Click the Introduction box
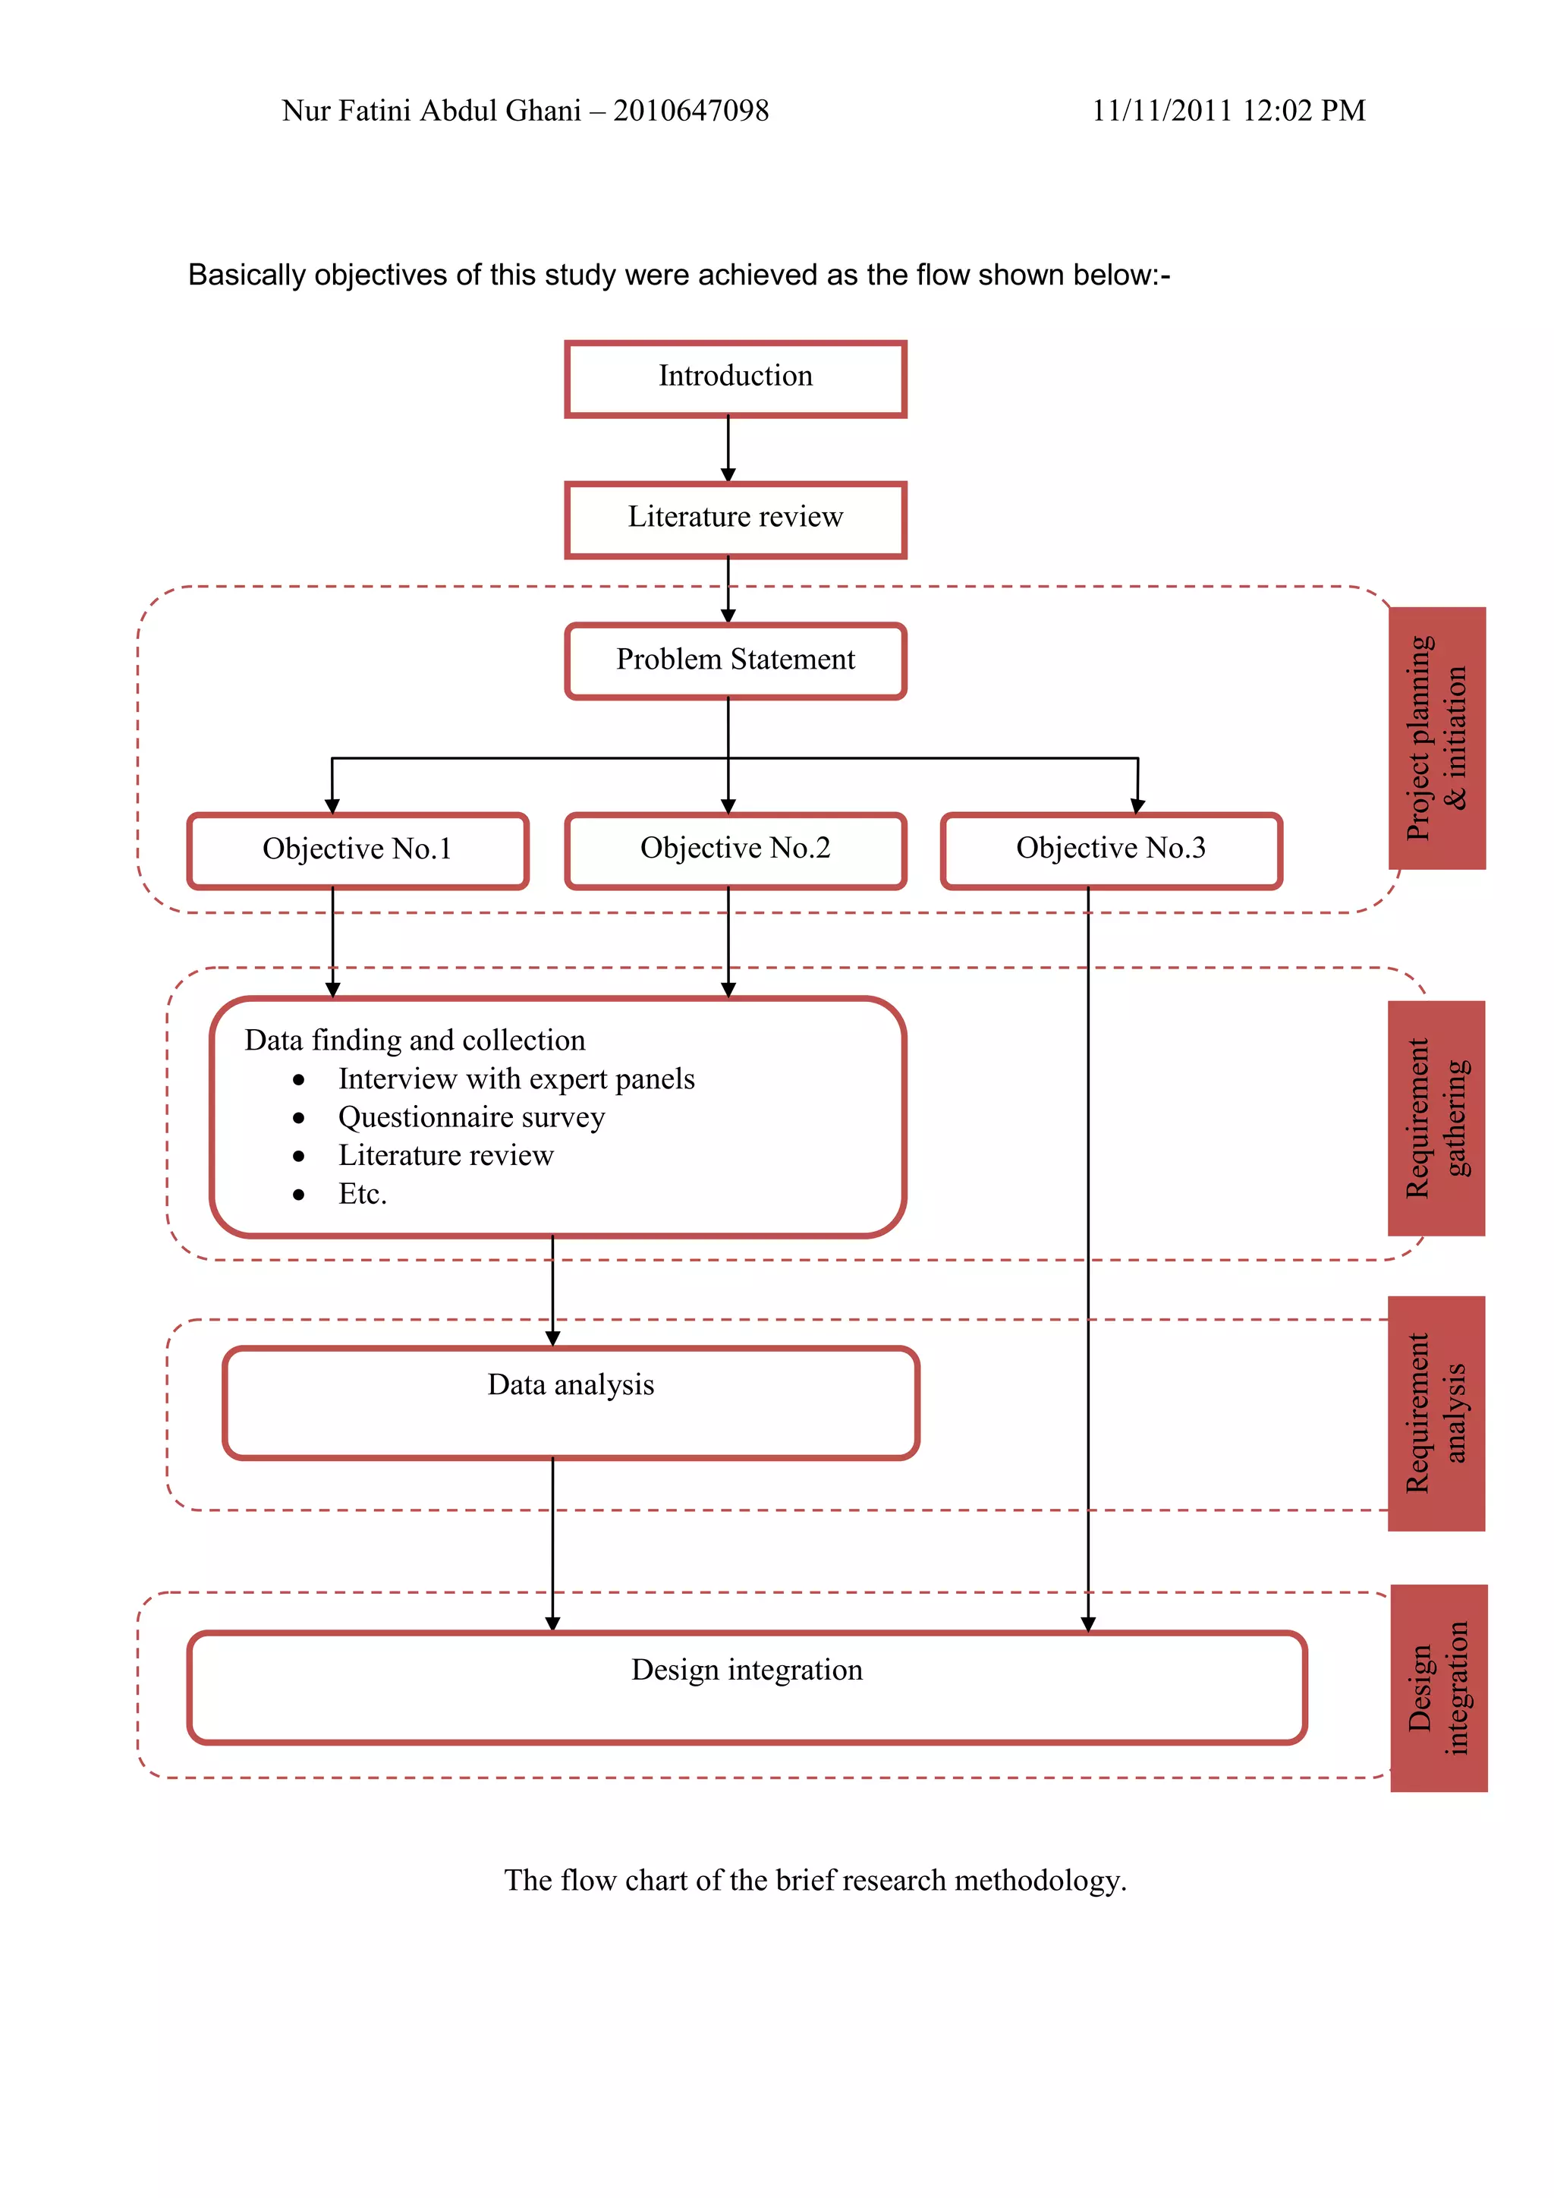pyautogui.click(x=735, y=378)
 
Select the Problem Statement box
pyautogui.click(x=735, y=660)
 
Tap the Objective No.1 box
pyautogui.click(x=357, y=850)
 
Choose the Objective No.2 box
pyautogui.click(x=735, y=849)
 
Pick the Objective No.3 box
pyautogui.click(x=1110, y=849)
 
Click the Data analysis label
pyautogui.click(x=571, y=1385)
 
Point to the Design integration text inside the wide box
pyautogui.click(x=747, y=1671)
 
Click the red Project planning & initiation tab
pyautogui.click(x=1436, y=738)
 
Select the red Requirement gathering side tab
pyautogui.click(x=1436, y=1118)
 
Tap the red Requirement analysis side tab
pyautogui.click(x=1436, y=1413)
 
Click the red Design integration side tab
pyautogui.click(x=1438, y=1689)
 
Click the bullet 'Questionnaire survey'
pyautogui.click(x=470, y=1118)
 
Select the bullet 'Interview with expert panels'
pyautogui.click(x=516, y=1080)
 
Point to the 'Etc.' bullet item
pyautogui.click(x=362, y=1195)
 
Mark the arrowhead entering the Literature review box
pyautogui.click(x=728, y=475)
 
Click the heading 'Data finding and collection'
pyautogui.click(x=414, y=1041)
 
